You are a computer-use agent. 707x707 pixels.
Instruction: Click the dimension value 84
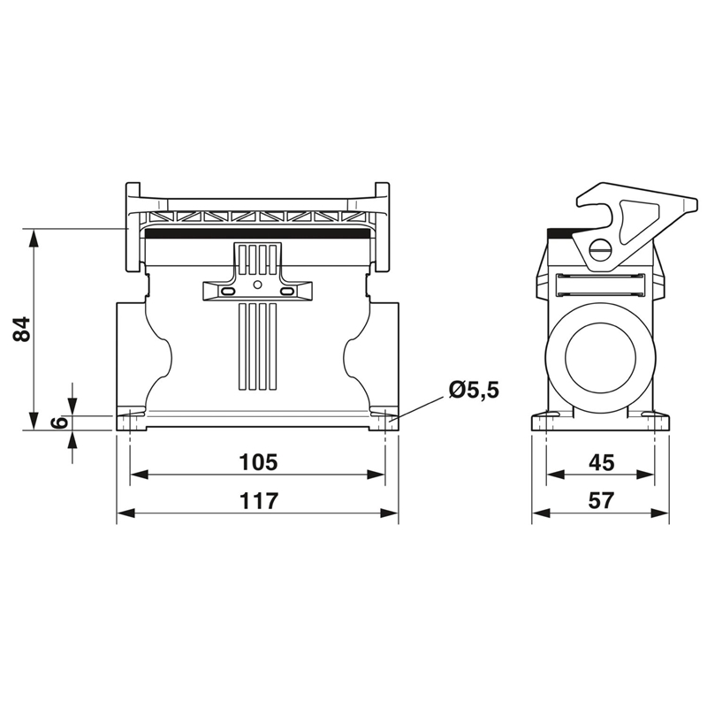pos(21,329)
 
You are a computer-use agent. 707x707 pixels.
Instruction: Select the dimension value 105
pos(258,462)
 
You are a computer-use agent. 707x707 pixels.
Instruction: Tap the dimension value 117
pos(258,501)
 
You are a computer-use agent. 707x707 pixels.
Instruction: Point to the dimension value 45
pos(602,462)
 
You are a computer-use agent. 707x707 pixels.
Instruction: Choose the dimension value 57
pos(602,500)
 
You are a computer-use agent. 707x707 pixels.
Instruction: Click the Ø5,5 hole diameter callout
pos(474,390)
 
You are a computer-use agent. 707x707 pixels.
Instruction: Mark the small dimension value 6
pos(59,422)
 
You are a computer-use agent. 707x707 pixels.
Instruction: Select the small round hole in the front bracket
pos(257,285)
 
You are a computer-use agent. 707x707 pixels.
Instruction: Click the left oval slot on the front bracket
pos(227,292)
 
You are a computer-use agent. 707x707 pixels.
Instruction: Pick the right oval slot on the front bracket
pos(286,292)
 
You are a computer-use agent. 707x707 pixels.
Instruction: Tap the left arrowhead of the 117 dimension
pos(125,513)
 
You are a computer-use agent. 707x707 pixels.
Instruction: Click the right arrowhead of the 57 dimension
pos(659,513)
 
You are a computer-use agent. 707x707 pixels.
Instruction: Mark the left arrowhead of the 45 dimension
pos(555,475)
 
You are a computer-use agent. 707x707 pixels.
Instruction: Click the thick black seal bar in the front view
pos(257,233)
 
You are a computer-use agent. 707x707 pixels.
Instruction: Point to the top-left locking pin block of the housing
pos(133,227)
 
